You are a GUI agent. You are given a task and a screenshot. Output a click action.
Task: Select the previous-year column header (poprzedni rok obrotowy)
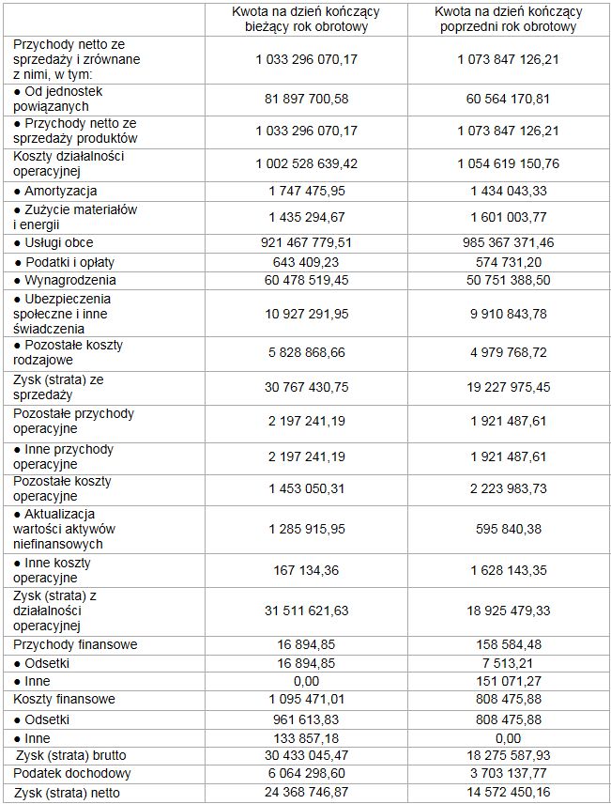click(509, 19)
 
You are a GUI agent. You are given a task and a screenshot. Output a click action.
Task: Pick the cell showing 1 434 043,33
click(509, 192)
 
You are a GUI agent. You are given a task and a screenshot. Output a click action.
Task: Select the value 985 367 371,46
click(509, 243)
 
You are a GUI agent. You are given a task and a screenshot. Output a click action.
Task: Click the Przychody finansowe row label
click(75, 644)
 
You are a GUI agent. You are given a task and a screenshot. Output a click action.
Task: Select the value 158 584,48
click(509, 644)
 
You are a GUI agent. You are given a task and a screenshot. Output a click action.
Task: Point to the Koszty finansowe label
click(64, 700)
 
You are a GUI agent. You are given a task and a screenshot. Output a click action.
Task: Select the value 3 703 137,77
click(509, 773)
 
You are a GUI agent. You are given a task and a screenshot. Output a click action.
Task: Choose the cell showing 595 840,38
click(509, 529)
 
